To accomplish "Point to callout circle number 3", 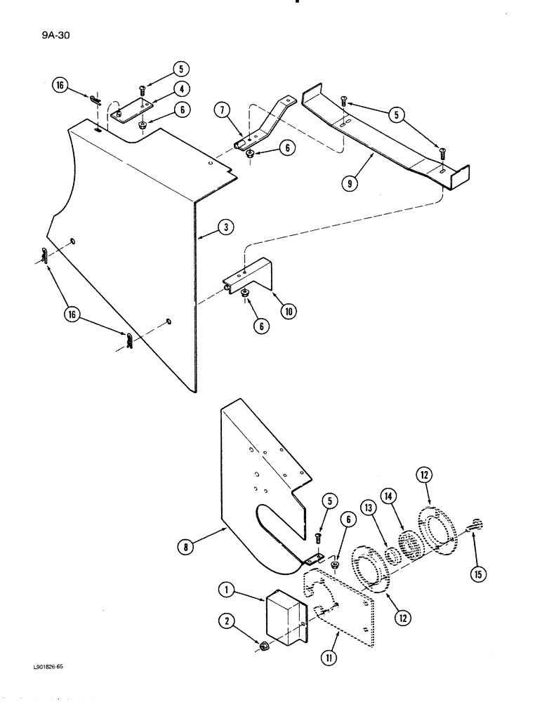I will [225, 228].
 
